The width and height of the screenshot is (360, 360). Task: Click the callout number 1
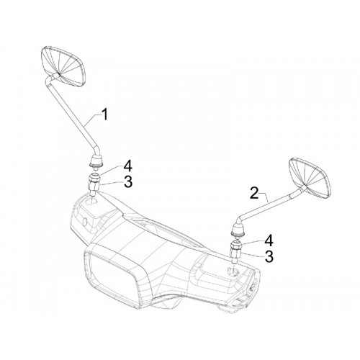click(x=104, y=114)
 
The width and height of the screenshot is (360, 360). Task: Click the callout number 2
click(x=254, y=193)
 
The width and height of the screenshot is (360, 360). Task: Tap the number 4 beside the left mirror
click(x=128, y=166)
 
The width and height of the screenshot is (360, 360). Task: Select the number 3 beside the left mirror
click(x=128, y=182)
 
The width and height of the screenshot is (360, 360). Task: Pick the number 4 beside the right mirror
click(x=269, y=240)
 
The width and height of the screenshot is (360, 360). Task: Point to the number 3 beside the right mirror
click(x=269, y=256)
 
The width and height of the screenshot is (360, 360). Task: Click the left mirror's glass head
click(x=64, y=66)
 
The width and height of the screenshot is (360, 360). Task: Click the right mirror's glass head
click(x=310, y=178)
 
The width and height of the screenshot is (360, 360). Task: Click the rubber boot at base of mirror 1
click(x=96, y=161)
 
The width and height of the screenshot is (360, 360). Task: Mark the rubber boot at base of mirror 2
click(x=238, y=228)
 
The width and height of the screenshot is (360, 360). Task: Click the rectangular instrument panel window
click(x=112, y=271)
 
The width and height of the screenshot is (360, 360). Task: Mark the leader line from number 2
click(x=264, y=197)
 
